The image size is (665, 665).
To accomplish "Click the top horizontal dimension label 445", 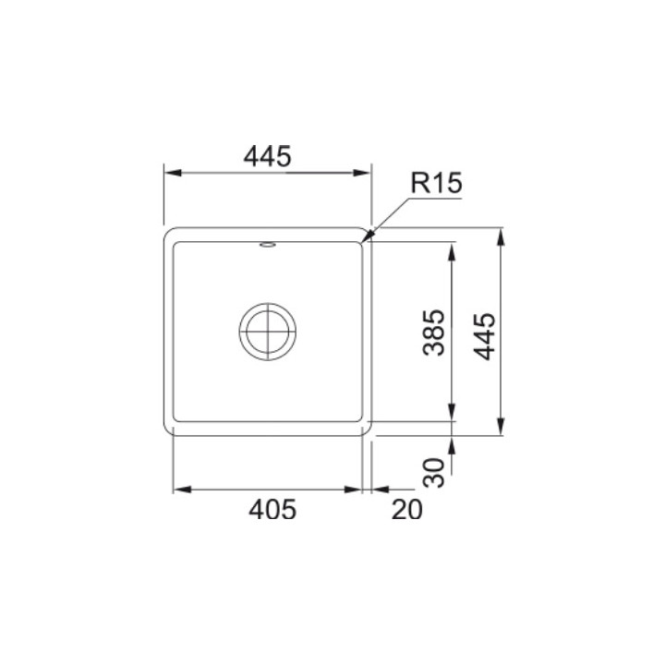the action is tap(267, 156).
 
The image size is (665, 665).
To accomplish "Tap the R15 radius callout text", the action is tap(436, 183).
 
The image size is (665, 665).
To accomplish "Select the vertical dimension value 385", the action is tap(434, 332).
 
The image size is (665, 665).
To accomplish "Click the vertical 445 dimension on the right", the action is tap(484, 336).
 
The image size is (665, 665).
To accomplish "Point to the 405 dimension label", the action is tap(272, 509).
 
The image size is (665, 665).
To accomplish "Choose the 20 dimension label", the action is tap(407, 509).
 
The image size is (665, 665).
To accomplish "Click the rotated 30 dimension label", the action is tap(434, 472).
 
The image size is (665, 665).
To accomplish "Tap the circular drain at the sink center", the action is tap(267, 332).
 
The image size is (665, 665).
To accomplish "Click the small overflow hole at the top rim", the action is tap(267, 244).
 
